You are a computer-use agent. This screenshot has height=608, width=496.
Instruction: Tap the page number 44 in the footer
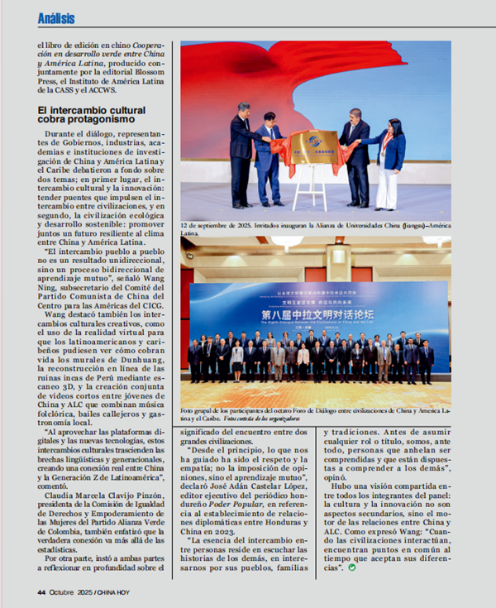41,591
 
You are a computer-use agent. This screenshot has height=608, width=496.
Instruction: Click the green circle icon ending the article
352,567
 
